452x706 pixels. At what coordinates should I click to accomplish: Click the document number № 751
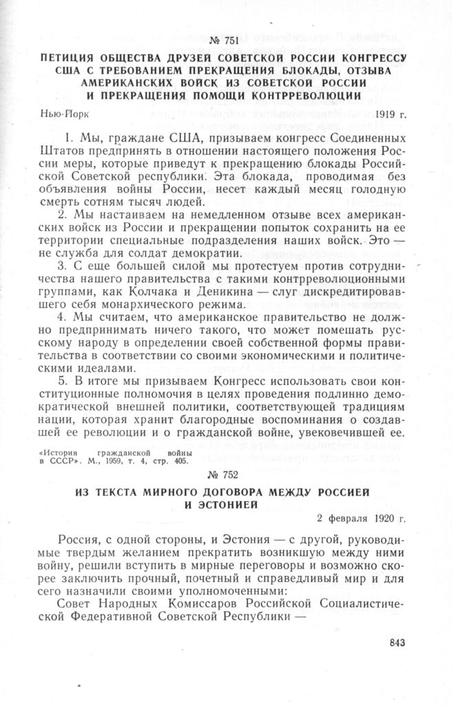coord(226,34)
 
